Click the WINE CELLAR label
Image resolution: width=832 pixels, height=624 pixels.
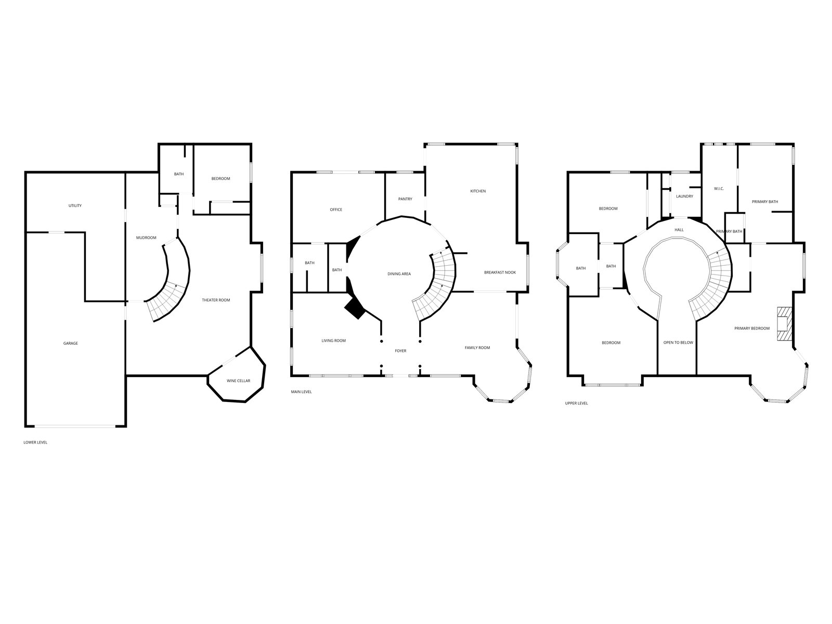(x=238, y=381)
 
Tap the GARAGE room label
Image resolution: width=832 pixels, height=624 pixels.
(x=71, y=343)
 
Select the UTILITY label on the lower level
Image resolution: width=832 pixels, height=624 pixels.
(x=75, y=206)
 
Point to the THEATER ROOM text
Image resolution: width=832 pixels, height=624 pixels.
(x=216, y=300)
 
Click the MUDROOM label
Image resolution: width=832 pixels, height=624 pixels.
(x=146, y=238)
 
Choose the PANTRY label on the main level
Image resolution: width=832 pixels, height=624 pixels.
(x=405, y=199)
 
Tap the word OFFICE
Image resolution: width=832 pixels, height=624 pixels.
(x=336, y=210)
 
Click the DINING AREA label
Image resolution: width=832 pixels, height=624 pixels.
(x=399, y=274)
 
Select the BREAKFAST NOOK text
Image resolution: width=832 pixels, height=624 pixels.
(x=500, y=272)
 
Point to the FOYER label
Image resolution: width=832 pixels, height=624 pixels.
(x=400, y=351)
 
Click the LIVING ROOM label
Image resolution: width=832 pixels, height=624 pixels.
(x=333, y=341)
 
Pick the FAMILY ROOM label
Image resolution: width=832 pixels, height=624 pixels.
(x=477, y=348)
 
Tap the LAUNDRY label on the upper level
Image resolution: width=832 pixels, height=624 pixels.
(x=684, y=196)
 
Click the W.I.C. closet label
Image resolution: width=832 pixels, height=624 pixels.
(x=719, y=189)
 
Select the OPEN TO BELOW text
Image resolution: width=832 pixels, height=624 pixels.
(x=678, y=343)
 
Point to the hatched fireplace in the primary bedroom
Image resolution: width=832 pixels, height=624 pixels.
(x=785, y=323)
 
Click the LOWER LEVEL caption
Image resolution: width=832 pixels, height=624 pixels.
(x=35, y=442)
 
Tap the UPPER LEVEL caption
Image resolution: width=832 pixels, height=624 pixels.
(x=577, y=403)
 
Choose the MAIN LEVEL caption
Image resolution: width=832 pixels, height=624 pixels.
(x=301, y=392)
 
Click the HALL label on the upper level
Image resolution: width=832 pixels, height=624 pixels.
(x=679, y=230)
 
